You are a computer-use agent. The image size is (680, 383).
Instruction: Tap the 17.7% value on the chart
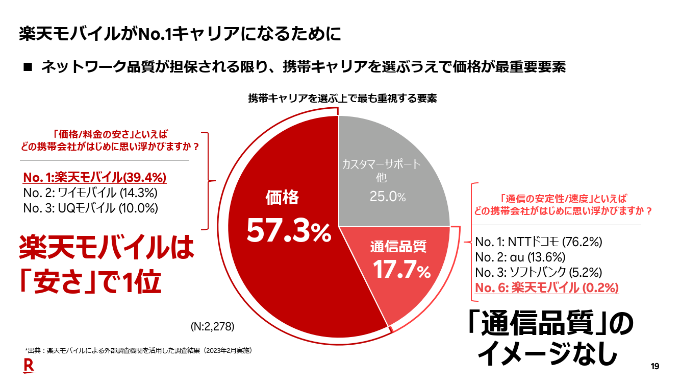pyautogui.click(x=401, y=270)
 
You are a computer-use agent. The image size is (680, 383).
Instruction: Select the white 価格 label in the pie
pyautogui.click(x=282, y=198)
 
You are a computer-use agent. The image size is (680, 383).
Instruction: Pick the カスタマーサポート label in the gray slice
pyautogui.click(x=381, y=164)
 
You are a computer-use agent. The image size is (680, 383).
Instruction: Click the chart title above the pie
pyautogui.click(x=342, y=99)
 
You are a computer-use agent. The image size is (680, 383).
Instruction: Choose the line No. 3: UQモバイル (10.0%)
pyautogui.click(x=90, y=208)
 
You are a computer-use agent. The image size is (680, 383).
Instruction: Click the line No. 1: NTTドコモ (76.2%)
pyautogui.click(x=539, y=242)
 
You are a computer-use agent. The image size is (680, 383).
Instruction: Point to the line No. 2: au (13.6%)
pyautogui.click(x=520, y=256)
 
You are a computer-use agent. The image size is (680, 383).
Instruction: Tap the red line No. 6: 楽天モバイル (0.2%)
pyautogui.click(x=546, y=287)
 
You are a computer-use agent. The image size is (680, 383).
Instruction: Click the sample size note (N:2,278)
pyautogui.click(x=212, y=326)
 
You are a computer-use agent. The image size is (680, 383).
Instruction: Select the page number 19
pyautogui.click(x=655, y=366)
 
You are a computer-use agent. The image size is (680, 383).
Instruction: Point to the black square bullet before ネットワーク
pyautogui.click(x=28, y=67)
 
